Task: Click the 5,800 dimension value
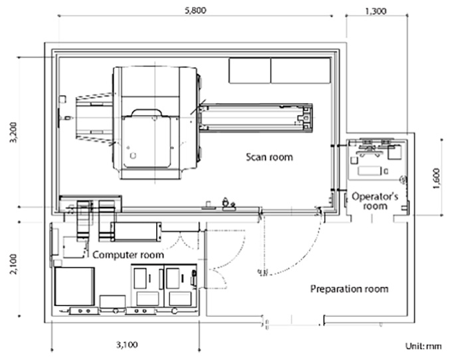(x=195, y=11)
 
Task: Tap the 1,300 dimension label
(x=376, y=11)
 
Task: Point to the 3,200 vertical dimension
(x=15, y=132)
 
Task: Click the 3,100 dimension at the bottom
(x=127, y=345)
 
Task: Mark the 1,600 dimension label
(x=437, y=178)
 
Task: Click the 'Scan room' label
(x=269, y=157)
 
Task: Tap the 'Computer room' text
(x=128, y=255)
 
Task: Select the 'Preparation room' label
(x=349, y=289)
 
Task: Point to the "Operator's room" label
(x=375, y=201)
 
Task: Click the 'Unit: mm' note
(x=423, y=346)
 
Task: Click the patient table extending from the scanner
(x=255, y=118)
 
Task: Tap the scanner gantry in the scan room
(x=155, y=123)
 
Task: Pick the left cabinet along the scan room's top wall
(x=250, y=71)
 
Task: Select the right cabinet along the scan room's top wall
(x=300, y=71)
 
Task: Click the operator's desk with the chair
(x=375, y=159)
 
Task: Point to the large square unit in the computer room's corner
(x=74, y=286)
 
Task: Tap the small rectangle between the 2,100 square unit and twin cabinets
(x=112, y=301)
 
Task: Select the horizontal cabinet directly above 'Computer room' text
(x=136, y=232)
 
